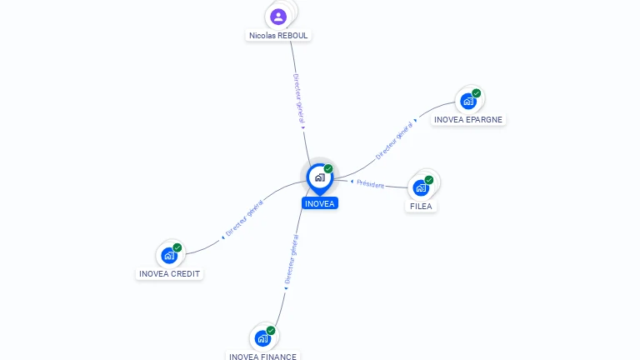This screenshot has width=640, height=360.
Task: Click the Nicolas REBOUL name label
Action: click(x=279, y=36)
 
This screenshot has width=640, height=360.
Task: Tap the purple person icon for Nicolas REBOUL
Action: click(x=278, y=16)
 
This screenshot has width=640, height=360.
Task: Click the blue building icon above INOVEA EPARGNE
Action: click(x=467, y=102)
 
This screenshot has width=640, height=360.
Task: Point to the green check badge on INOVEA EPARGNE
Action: click(x=476, y=93)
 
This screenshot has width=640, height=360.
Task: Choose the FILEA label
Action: click(x=422, y=206)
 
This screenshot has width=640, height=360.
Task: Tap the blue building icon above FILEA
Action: click(x=421, y=188)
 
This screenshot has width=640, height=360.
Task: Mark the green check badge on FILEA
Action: click(x=429, y=180)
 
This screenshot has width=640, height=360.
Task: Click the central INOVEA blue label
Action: click(x=320, y=203)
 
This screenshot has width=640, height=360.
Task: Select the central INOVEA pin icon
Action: click(x=319, y=177)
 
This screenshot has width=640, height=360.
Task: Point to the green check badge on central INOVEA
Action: click(x=328, y=169)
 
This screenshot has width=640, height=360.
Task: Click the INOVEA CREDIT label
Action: click(x=170, y=273)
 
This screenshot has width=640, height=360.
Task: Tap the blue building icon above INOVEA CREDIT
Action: click(x=169, y=256)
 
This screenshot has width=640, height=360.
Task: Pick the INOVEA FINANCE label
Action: click(x=262, y=357)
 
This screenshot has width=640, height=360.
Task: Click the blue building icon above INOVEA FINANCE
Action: click(x=262, y=339)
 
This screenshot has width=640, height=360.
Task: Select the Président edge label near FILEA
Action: click(x=370, y=184)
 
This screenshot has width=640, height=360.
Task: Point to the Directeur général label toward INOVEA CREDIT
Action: click(x=244, y=219)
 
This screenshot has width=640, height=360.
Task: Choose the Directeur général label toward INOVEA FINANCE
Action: click(x=290, y=261)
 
